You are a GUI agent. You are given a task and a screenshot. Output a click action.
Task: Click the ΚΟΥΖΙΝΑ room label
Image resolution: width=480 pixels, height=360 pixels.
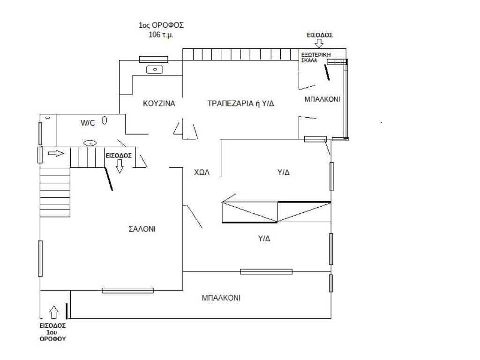coord(159,104)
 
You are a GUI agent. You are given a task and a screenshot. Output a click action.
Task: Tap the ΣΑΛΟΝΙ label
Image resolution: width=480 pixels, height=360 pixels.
coord(142,229)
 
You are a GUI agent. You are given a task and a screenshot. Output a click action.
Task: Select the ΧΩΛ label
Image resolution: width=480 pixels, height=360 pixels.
coord(202,172)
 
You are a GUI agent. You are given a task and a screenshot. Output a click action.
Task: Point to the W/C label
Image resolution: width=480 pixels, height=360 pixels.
coord(88,123)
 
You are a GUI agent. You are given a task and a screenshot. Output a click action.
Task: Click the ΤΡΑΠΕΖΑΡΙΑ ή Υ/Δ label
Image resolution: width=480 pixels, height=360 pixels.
coord(240,104)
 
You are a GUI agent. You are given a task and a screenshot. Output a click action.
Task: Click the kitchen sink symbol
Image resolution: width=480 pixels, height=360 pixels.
coord(154,70)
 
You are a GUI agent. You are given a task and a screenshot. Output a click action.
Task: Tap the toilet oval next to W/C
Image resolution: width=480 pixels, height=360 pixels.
coord(105,120)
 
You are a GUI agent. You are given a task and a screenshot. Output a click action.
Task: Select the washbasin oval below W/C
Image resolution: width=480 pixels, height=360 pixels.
coord(90,143)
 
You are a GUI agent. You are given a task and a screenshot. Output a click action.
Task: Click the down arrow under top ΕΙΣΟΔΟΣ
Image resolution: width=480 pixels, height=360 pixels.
coord(319,44)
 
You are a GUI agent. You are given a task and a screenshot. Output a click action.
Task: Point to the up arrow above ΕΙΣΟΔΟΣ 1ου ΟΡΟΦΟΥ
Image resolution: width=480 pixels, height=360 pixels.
coord(54,311)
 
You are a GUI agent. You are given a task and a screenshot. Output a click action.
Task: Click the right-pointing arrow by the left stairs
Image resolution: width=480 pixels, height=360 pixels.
coord(56,153)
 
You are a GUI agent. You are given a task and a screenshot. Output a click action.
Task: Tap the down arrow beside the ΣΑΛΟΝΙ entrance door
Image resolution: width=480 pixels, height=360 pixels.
coord(120,166)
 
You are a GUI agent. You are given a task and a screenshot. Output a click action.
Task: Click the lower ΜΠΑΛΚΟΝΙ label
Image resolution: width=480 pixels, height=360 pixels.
coord(221,298)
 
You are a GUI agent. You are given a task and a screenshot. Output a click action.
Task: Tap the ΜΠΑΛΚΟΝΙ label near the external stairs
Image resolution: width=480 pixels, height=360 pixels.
coord(322,99)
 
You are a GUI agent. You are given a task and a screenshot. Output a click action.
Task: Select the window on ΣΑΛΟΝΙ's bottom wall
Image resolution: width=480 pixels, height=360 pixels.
coord(127,290)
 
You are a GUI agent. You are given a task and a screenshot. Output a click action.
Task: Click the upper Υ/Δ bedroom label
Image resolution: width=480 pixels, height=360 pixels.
coord(284,172)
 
